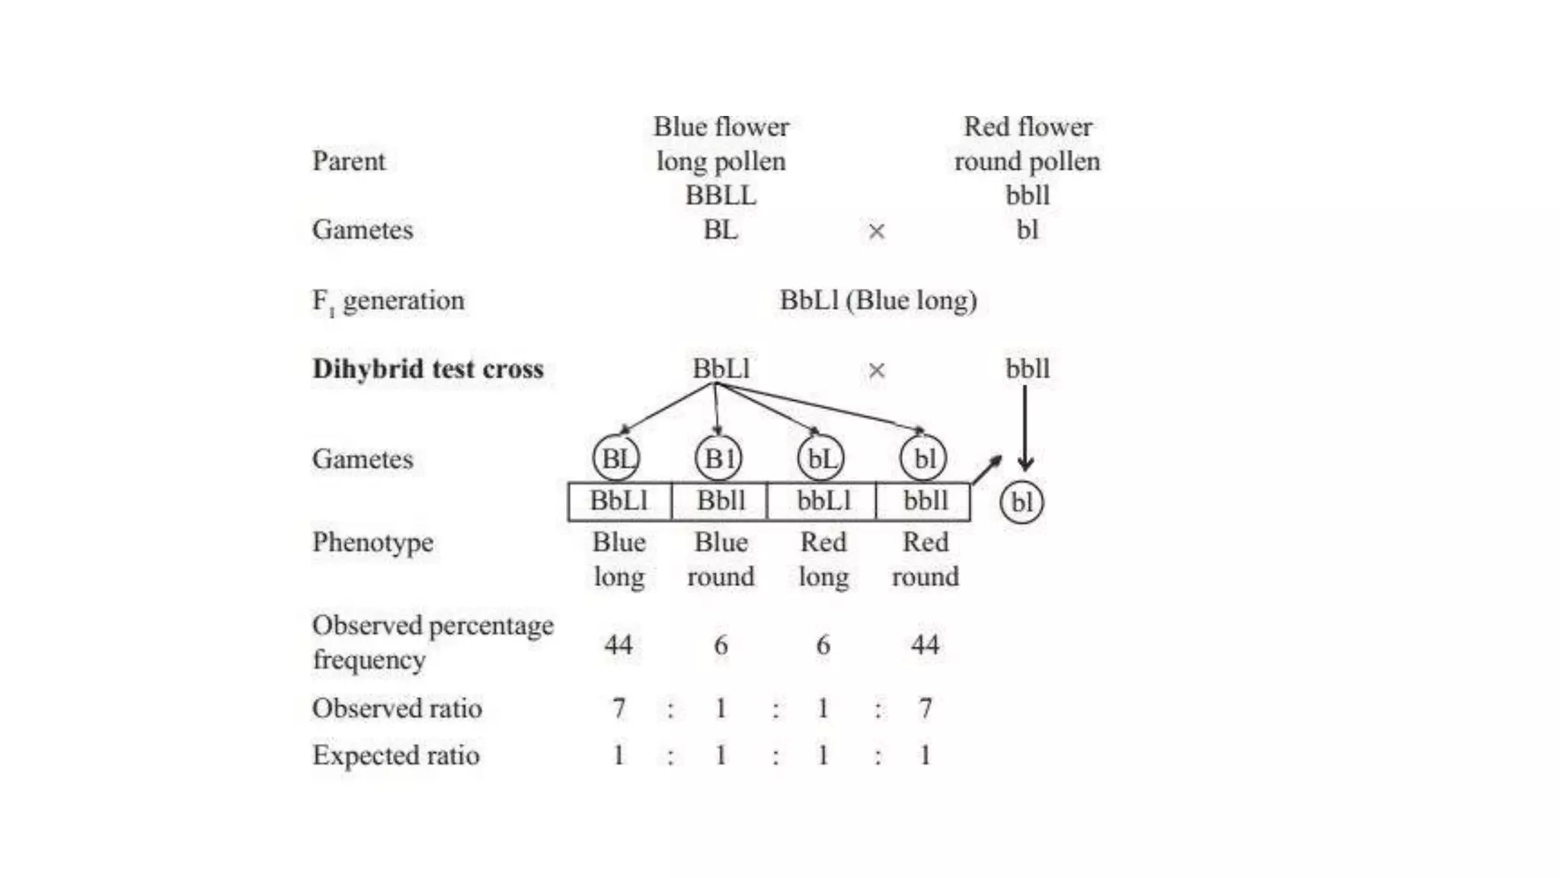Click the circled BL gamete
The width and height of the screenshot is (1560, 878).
point(616,458)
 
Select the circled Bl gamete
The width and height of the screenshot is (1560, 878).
point(718,458)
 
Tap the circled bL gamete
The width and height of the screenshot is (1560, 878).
point(820,458)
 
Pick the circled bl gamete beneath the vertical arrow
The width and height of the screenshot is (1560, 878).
point(1021,502)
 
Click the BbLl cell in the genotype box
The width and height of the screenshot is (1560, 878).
point(619,501)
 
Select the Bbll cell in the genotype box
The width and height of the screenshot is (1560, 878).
point(721,501)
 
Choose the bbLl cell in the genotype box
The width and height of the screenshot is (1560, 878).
point(823,501)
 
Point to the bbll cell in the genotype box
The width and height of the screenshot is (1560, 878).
point(925,501)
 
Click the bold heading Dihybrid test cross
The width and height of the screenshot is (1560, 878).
point(428,369)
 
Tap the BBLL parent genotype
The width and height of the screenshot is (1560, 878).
point(721,195)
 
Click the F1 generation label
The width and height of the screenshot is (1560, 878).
point(388,301)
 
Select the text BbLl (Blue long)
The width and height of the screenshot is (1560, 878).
point(877,300)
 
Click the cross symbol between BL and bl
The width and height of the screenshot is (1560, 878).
point(877,231)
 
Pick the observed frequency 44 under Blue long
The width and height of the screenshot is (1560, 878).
point(619,645)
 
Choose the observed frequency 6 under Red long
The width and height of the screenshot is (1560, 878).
point(823,645)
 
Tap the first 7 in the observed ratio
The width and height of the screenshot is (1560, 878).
point(619,709)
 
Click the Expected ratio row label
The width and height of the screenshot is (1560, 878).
point(396,755)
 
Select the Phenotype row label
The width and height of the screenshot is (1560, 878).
point(372,542)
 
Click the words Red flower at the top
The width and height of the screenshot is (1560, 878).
point(1028,127)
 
